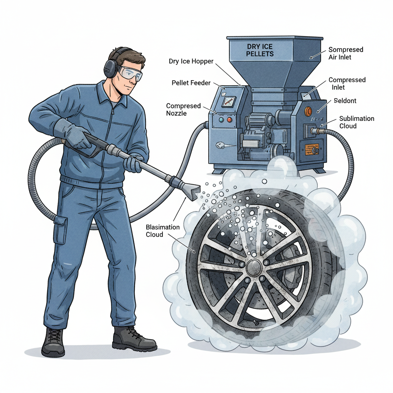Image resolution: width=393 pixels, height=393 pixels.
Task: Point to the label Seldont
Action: coord(345,101)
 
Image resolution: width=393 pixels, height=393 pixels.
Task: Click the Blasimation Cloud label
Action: coord(163,231)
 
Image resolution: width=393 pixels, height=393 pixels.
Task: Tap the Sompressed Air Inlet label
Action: coord(345,53)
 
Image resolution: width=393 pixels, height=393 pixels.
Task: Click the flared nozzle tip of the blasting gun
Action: coord(192,191)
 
